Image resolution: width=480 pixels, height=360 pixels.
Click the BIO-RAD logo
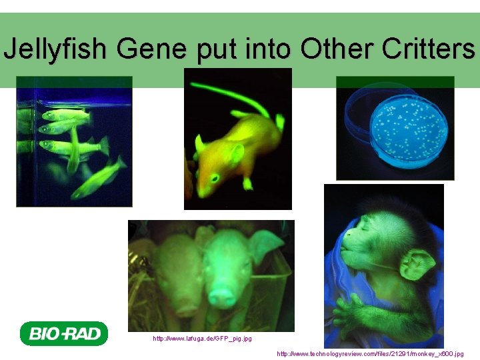point(64,333)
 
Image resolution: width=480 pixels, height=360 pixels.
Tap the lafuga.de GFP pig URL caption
point(203,339)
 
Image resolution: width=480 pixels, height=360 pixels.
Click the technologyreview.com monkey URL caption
point(370,353)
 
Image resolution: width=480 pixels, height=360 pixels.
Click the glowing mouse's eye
point(215,177)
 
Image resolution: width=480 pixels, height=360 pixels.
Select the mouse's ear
point(235,155)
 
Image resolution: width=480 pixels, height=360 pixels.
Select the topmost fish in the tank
point(65,115)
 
